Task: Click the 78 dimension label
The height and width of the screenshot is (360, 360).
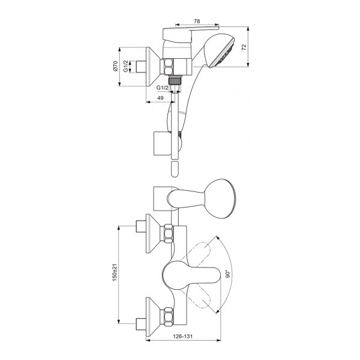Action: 197,21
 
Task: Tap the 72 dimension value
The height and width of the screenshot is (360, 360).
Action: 244,47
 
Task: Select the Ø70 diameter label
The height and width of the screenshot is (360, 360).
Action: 115,66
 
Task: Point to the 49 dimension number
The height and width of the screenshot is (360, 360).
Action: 160,98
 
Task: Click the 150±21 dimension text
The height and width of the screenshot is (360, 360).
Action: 115,272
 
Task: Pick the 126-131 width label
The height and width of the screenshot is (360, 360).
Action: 183,337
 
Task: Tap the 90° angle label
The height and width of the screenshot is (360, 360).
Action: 228,274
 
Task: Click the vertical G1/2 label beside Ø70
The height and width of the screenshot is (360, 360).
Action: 125,66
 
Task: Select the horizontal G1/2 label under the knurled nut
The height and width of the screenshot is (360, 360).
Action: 163,88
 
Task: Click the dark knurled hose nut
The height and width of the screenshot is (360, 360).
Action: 175,80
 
